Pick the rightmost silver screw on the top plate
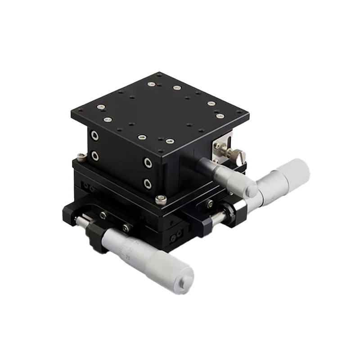tap(220, 116)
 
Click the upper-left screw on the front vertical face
tap(94, 135)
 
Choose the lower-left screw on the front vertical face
tap(94, 156)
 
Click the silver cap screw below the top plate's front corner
tap(161, 198)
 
